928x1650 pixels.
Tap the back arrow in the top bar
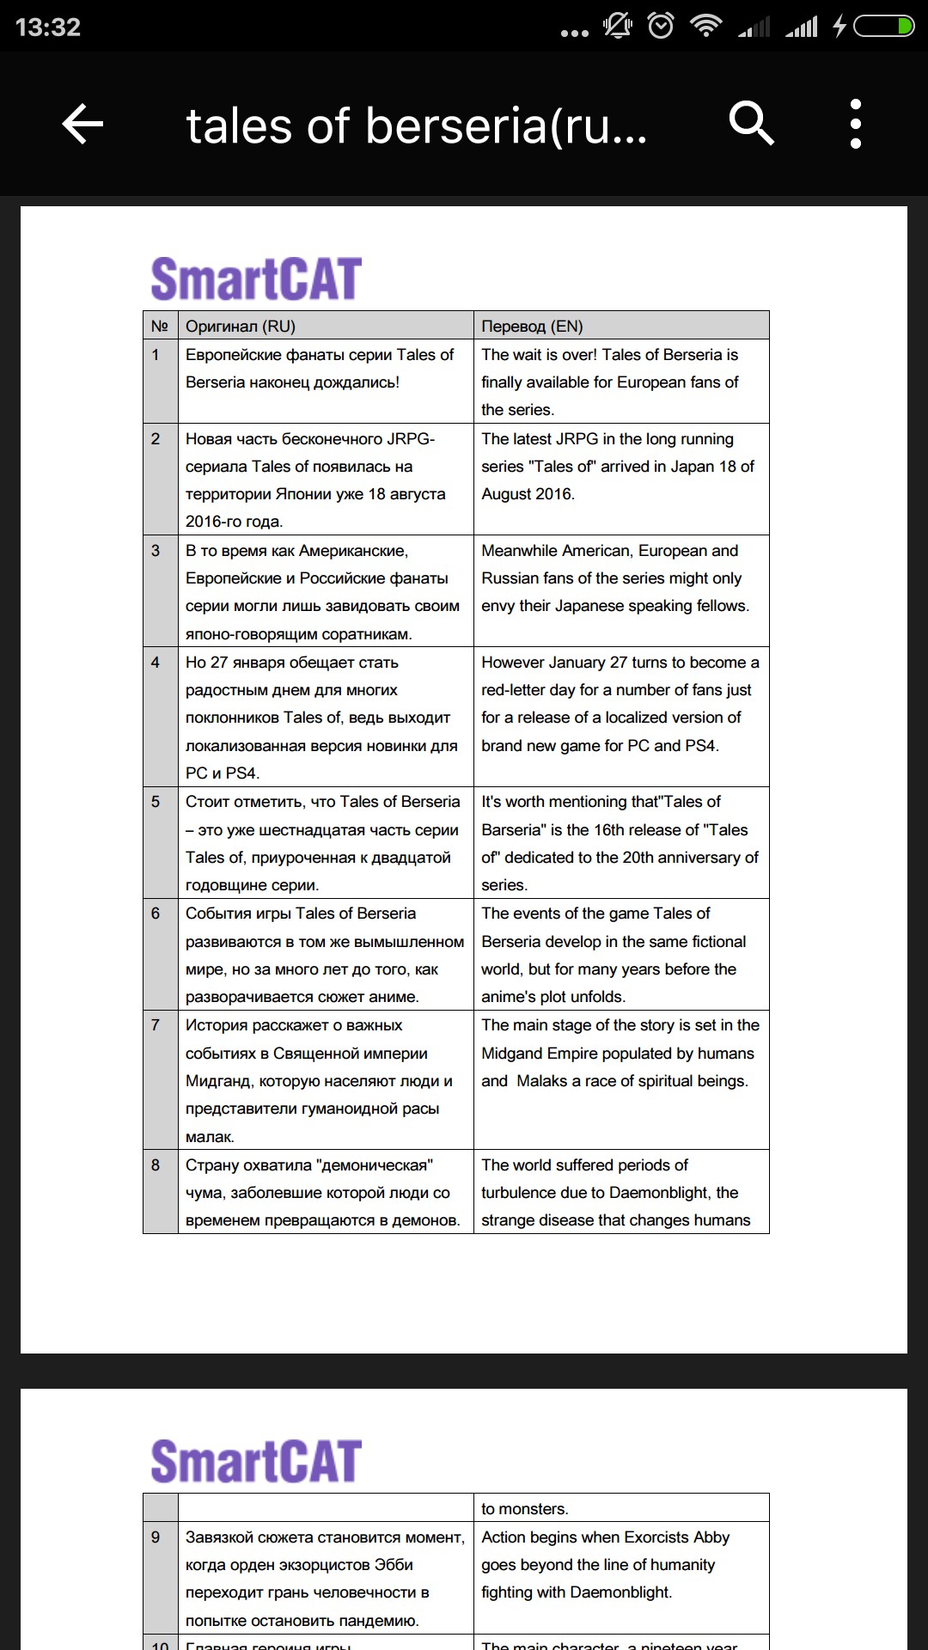(82, 125)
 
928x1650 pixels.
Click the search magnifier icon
(751, 124)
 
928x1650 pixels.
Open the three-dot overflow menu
(855, 124)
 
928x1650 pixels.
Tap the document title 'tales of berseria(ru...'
(417, 125)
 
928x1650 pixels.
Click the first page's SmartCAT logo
(256, 278)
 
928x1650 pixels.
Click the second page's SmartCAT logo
(256, 1461)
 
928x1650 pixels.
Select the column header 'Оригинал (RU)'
(241, 327)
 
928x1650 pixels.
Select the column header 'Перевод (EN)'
(532, 327)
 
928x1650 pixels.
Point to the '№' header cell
(160, 327)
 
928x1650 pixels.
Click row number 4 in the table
(156, 663)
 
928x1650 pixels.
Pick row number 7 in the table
(156, 1025)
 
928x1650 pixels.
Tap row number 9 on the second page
(156, 1537)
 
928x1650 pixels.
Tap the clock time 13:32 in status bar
(48, 27)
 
